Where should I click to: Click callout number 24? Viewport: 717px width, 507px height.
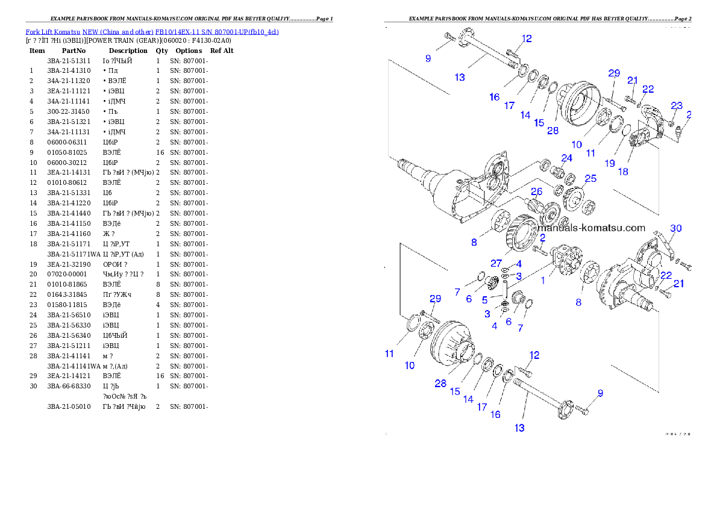(x=566, y=158)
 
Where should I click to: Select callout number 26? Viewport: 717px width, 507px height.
(x=536, y=191)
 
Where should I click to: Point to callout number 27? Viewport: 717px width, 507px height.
(x=496, y=263)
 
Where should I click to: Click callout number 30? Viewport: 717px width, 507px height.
(x=676, y=228)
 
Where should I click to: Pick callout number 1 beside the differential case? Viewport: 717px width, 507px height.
(x=542, y=280)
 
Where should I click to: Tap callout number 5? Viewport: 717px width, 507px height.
(x=485, y=299)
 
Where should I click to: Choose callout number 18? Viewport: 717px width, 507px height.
(x=623, y=171)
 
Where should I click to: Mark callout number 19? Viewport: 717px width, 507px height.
(x=610, y=163)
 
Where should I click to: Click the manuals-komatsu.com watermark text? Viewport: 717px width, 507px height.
(x=592, y=228)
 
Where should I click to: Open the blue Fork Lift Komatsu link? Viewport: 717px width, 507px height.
(x=152, y=32)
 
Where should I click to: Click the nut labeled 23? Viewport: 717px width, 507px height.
(x=671, y=124)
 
